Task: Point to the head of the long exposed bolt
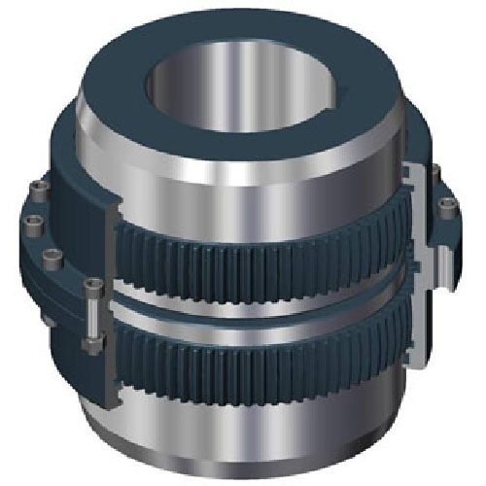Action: [x=92, y=285]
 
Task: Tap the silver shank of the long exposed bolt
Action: [x=89, y=313]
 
